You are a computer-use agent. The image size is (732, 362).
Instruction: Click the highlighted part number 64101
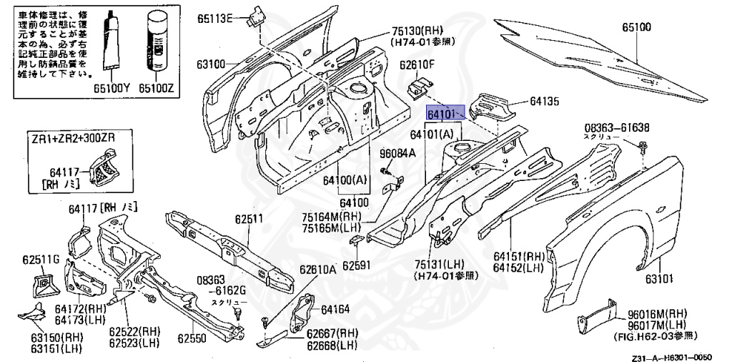tap(441, 114)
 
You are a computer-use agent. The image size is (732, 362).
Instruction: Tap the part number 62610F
tap(417, 66)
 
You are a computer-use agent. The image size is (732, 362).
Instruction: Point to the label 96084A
tap(396, 152)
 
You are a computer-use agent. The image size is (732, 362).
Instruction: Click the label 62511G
tap(39, 260)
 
